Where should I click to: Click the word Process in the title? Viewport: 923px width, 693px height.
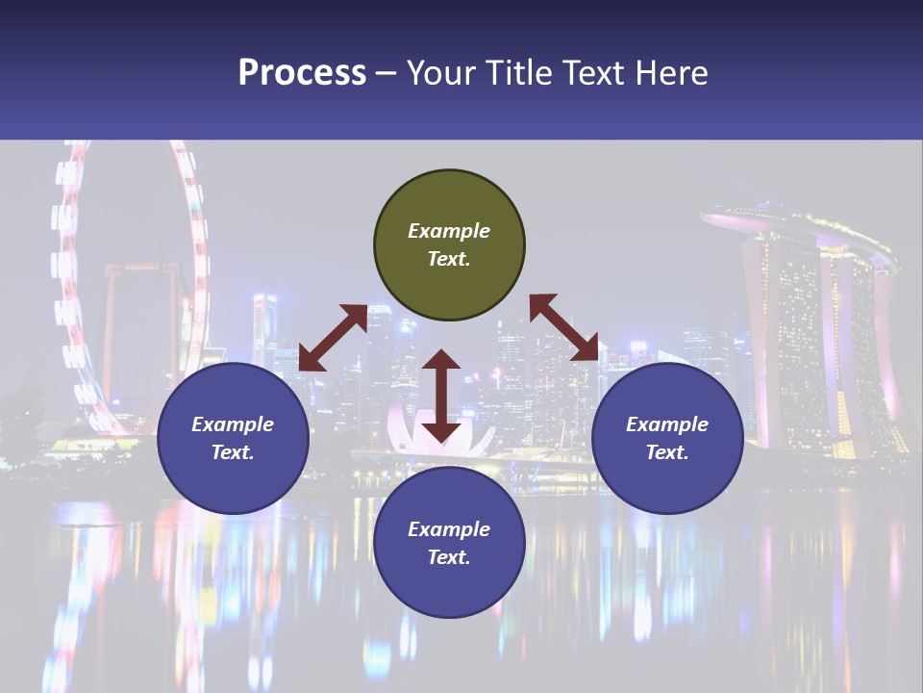point(302,73)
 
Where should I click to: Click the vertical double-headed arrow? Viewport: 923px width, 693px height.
point(440,396)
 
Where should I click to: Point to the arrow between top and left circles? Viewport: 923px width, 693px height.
point(333,338)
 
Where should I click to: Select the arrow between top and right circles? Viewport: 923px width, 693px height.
point(563,328)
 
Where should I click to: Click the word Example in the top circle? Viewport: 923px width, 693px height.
point(449,231)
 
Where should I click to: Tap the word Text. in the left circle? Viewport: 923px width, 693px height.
point(233,452)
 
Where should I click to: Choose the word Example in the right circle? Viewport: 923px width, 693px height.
point(667,424)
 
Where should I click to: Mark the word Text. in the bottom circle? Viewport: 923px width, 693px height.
point(449,557)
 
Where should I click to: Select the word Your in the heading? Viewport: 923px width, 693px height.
point(439,73)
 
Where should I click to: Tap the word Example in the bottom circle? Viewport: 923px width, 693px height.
point(449,529)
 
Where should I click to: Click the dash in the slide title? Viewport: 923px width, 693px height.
point(387,73)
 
